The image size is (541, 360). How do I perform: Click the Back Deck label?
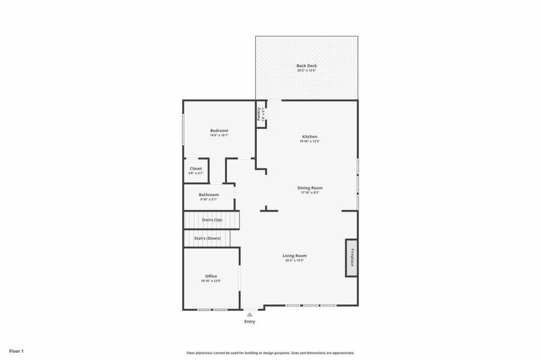(x=306, y=65)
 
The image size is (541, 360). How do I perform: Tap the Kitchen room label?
(x=309, y=136)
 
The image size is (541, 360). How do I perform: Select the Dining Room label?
(x=310, y=188)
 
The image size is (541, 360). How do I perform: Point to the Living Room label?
(x=295, y=256)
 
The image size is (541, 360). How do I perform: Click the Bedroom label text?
(x=219, y=130)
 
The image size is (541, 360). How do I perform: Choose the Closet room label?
(x=196, y=169)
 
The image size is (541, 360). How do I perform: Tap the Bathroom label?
(x=209, y=194)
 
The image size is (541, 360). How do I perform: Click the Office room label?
(x=211, y=276)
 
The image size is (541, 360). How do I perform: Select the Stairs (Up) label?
(x=212, y=220)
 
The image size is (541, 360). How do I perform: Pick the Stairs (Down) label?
(x=207, y=238)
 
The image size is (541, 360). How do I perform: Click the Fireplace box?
(x=352, y=258)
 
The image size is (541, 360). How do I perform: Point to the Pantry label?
(x=259, y=113)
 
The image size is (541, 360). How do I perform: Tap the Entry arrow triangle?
(x=250, y=314)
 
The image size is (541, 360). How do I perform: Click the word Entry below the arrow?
(x=250, y=322)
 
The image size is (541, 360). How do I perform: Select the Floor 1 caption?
(x=16, y=351)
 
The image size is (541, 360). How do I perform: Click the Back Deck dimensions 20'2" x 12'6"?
(x=306, y=71)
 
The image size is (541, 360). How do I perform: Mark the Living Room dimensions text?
(x=295, y=260)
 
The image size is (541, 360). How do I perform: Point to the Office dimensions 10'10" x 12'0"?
(x=211, y=281)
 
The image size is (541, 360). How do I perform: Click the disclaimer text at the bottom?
(x=270, y=353)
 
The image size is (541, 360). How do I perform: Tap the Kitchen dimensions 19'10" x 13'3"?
(x=309, y=141)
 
